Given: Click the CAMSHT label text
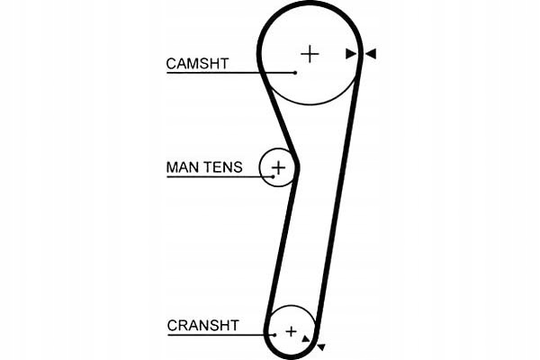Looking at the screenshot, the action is click(x=197, y=63).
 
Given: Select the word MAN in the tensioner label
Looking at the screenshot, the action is click(x=184, y=167).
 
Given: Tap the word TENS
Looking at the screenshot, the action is click(x=222, y=167).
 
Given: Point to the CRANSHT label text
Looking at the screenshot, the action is click(x=202, y=325).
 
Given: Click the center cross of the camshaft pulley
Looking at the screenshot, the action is click(x=310, y=54).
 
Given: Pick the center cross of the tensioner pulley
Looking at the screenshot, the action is click(x=279, y=168).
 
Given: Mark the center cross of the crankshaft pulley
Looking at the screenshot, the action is click(x=292, y=332).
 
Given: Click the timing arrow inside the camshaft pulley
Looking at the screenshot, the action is click(x=351, y=54).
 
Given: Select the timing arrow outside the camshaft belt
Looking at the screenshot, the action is click(x=371, y=54).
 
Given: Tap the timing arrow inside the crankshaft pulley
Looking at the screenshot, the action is click(x=305, y=338).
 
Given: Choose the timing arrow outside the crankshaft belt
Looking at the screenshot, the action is click(x=321, y=346).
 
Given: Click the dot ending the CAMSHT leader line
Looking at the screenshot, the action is click(x=295, y=73).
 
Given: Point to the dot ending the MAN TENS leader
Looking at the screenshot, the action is click(x=274, y=176).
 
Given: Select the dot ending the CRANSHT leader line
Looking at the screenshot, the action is click(x=274, y=335).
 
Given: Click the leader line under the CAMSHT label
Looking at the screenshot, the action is click(x=230, y=73).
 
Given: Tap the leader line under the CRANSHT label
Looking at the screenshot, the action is click(x=221, y=335).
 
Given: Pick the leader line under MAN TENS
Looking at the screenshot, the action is click(x=220, y=176).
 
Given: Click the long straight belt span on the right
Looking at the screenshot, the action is click(x=337, y=198).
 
